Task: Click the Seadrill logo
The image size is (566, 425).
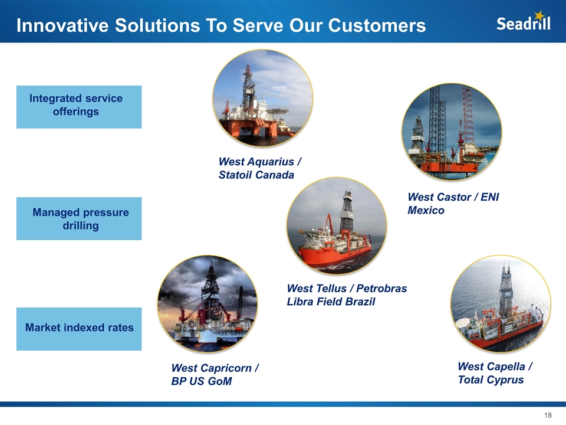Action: pos(524,21)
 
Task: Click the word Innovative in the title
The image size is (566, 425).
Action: pos(62,25)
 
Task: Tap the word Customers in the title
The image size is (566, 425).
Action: pos(377,25)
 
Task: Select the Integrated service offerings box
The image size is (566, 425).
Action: pos(79,107)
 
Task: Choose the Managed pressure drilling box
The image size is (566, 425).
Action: pos(79,218)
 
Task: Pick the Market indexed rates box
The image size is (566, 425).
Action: pos(79,329)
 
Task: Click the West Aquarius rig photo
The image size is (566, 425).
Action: pos(263,98)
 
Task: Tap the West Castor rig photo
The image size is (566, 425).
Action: pos(452,132)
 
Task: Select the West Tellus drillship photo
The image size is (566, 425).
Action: pos(337,225)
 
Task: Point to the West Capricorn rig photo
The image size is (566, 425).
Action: pos(208,304)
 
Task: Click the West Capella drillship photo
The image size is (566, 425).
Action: pos(501,304)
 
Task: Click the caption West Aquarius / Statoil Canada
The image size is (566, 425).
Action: pos(260,168)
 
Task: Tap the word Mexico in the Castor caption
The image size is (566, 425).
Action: pos(426,210)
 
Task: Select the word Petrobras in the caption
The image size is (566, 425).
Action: pos(381,289)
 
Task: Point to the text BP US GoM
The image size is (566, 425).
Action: pos(202,381)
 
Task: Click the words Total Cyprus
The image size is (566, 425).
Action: pos(491,380)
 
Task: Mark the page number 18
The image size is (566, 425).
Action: pos(548,415)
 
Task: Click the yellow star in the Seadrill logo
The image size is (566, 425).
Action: pos(539,15)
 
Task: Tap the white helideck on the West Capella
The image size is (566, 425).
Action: pos(464,322)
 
